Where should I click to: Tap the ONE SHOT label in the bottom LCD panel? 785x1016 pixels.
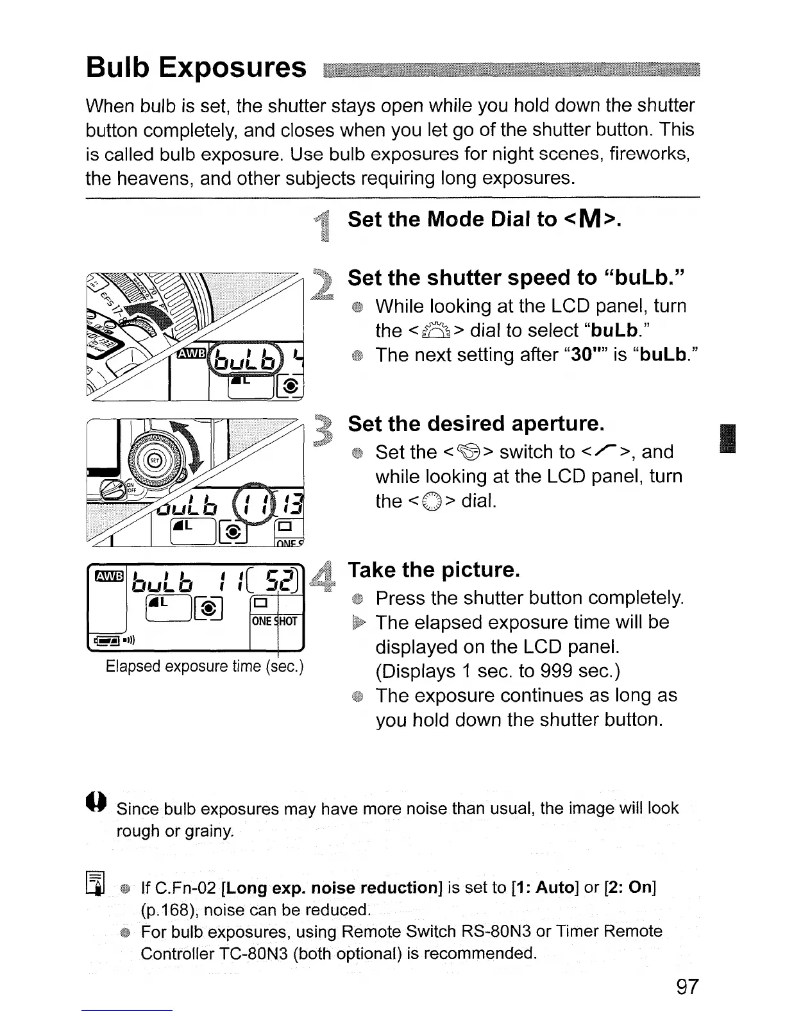tap(274, 621)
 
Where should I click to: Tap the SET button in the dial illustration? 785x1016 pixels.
tap(155, 460)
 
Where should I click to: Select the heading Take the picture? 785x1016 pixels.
tap(432, 570)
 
